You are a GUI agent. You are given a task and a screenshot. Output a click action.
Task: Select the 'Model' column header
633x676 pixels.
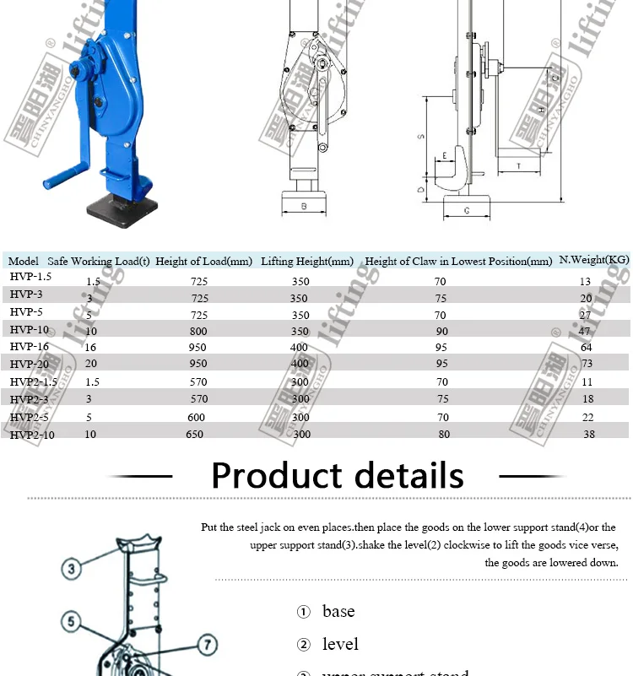point(24,262)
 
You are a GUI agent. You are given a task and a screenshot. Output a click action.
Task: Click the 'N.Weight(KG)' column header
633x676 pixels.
point(594,260)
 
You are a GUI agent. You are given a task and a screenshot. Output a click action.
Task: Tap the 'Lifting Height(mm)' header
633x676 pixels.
point(307,262)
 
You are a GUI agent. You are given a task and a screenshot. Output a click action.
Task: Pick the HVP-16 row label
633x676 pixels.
point(30,346)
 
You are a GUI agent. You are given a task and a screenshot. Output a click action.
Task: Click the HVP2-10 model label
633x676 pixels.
point(32,435)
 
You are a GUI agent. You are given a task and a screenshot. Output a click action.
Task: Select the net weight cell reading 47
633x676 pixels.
point(587,332)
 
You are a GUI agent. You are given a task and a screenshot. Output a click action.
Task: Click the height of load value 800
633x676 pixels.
point(198,332)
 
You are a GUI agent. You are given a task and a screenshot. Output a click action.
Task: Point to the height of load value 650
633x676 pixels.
point(194,435)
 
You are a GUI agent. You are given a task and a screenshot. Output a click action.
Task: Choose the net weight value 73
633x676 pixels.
point(587,364)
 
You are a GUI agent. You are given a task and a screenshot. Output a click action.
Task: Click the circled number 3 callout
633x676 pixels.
point(73,569)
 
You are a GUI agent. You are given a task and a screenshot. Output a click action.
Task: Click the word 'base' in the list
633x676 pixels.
point(338,611)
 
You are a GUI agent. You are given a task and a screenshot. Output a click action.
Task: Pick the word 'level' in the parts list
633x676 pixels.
point(340,644)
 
